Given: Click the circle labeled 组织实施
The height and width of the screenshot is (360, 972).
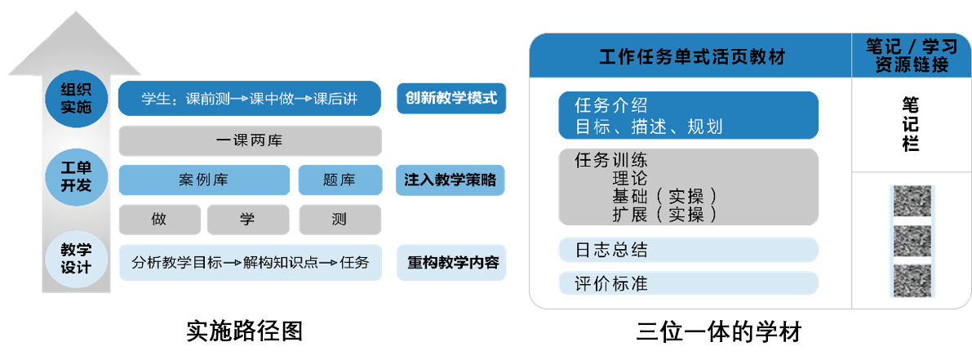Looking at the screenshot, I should [76, 98].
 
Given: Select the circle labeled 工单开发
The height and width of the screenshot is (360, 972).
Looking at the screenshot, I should [76, 176].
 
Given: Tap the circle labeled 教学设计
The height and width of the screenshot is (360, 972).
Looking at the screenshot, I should [76, 260].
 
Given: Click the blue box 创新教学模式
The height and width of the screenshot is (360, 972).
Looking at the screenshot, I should [451, 99].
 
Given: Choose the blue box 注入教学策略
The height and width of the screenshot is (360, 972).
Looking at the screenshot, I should [450, 180].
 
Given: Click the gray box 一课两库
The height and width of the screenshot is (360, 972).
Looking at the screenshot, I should [249, 140].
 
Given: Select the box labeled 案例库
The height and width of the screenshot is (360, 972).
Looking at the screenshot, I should [203, 180].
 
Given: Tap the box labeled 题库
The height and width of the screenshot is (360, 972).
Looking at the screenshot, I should [339, 180].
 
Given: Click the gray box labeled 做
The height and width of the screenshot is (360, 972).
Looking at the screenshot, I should [158, 219].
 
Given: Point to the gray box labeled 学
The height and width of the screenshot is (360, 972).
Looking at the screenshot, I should [247, 219].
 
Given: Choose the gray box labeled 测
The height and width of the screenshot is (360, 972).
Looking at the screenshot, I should [339, 219].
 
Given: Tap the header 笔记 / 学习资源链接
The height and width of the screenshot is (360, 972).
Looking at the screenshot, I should [912, 56].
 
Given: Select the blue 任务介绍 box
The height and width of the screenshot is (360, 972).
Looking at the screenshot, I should [688, 115].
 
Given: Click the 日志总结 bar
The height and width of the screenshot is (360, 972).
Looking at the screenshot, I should [688, 250].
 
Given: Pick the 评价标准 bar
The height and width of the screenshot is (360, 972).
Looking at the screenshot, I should [688, 283].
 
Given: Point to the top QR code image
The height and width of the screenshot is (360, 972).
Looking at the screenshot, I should [912, 201].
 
